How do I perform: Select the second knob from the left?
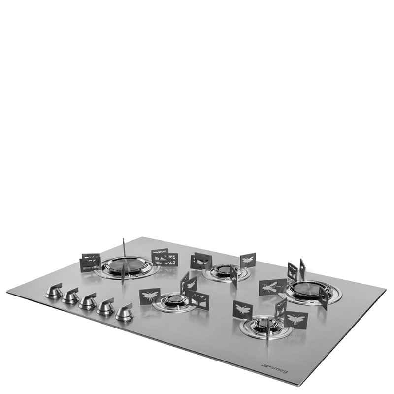71,295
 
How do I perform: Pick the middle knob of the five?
88,301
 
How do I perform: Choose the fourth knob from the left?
105,306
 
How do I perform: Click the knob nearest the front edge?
124,313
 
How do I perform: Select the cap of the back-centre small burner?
225,270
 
